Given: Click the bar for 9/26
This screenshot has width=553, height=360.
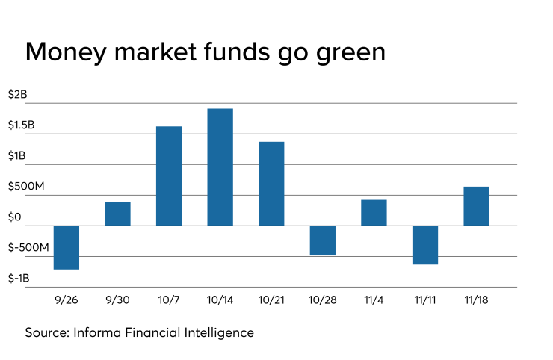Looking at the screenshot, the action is [x=67, y=247].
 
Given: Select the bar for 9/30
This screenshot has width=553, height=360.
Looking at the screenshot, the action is [x=117, y=214].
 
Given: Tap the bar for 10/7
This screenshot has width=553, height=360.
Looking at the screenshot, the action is [x=169, y=176].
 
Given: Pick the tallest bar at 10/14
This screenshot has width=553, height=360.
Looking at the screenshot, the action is [x=220, y=167].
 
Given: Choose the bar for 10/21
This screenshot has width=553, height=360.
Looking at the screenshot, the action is [x=271, y=184].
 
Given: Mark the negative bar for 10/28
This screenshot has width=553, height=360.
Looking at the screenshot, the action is [x=323, y=240].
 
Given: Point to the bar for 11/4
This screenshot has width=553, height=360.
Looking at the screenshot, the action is [x=374, y=213].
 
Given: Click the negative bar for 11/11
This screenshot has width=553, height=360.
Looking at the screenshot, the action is [x=425, y=245].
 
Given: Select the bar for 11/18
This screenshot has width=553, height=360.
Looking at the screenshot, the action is [x=477, y=206].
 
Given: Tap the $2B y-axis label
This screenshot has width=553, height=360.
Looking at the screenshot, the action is [x=18, y=95].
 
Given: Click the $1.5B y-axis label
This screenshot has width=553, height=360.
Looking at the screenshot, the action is [x=22, y=125].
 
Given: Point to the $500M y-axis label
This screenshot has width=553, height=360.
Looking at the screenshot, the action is [x=26, y=186].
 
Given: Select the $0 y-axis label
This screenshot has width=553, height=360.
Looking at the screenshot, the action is [x=15, y=217].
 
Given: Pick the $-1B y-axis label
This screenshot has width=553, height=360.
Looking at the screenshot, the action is [x=19, y=278].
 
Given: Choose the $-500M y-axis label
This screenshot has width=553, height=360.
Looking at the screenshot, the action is [x=28, y=247].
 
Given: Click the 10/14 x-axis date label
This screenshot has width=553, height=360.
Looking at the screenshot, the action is [x=220, y=300].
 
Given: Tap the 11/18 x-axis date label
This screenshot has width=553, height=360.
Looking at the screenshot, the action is [x=476, y=300].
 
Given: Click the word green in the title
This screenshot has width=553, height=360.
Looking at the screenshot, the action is [x=350, y=53].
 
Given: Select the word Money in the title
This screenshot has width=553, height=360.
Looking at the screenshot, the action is [x=66, y=53].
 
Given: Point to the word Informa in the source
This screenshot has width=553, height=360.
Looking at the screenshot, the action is [x=97, y=332].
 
